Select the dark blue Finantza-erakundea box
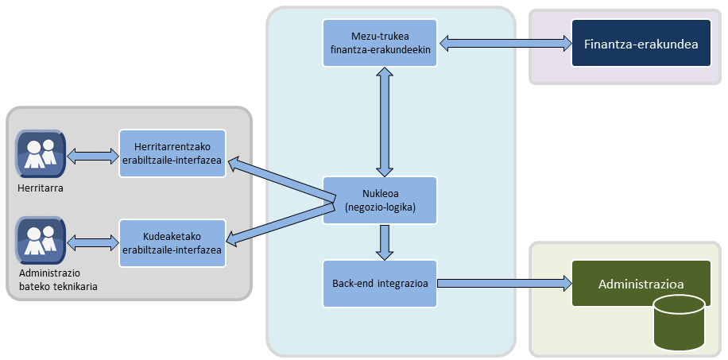point(641,43)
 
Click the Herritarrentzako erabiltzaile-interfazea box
point(172,155)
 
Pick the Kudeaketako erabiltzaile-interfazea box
point(172,243)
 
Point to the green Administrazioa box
point(641,284)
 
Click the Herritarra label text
point(40,188)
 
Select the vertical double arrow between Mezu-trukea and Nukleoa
point(385,121)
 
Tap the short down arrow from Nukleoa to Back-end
point(385,242)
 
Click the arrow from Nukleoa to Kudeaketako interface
point(278,223)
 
